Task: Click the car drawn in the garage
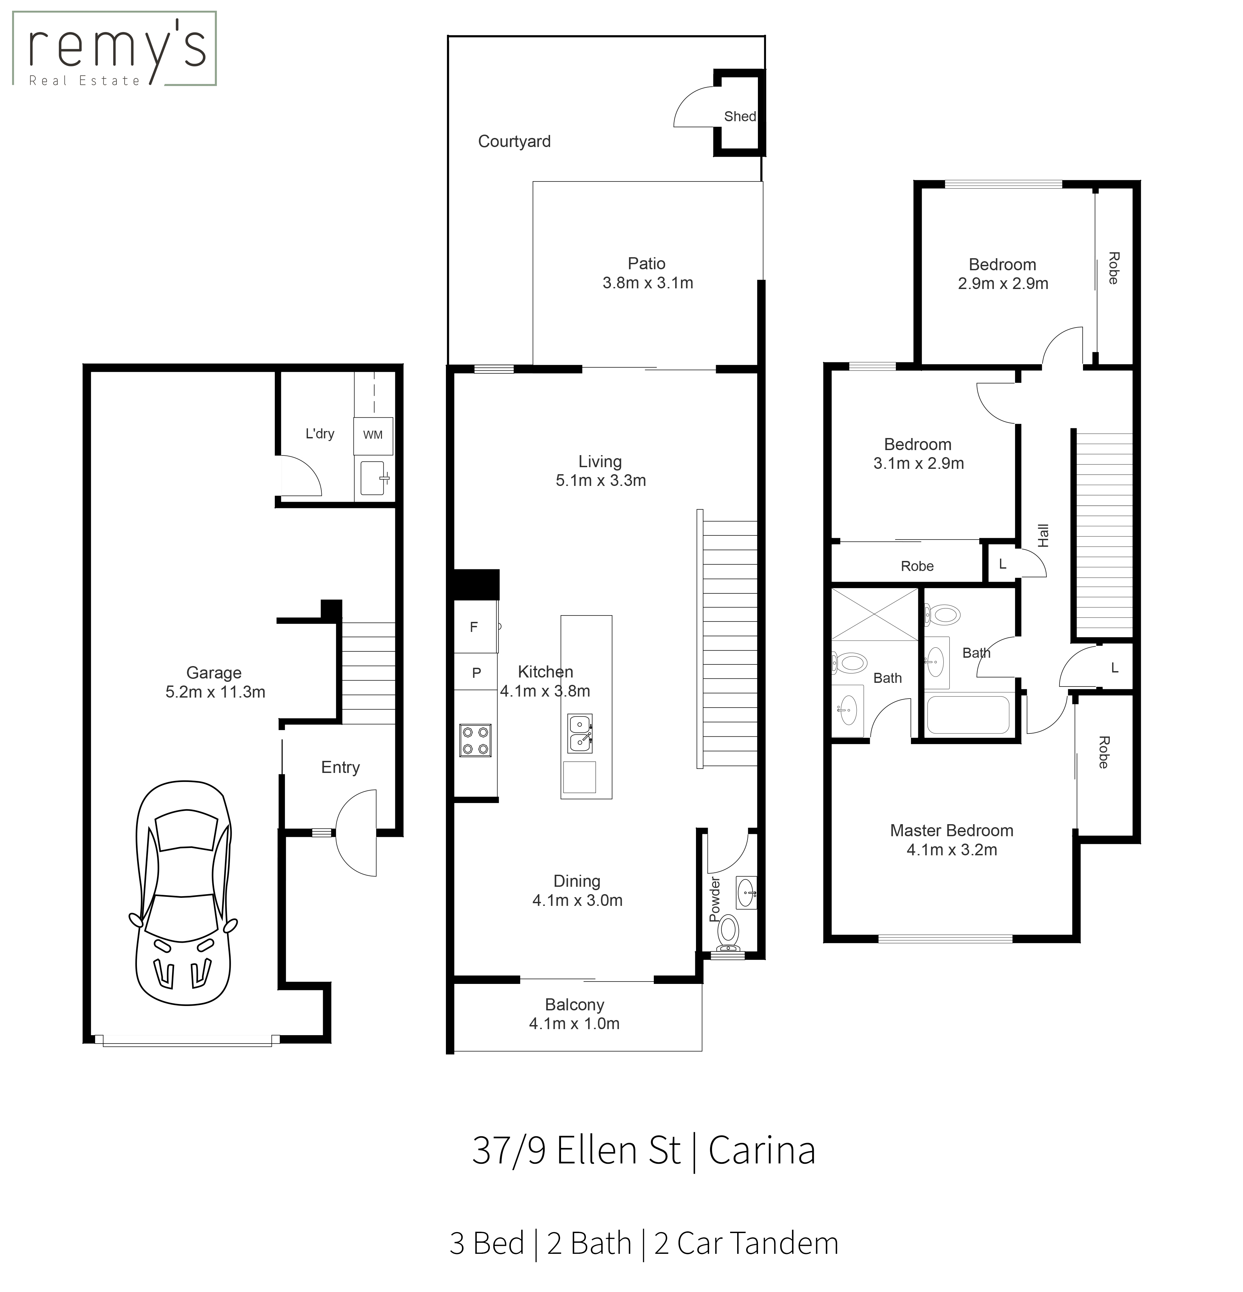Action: (x=183, y=893)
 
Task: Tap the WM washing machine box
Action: (x=373, y=435)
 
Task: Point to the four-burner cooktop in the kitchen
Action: (x=475, y=740)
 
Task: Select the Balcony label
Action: (x=574, y=1005)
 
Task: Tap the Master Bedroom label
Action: (x=951, y=831)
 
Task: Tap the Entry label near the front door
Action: (x=340, y=767)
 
